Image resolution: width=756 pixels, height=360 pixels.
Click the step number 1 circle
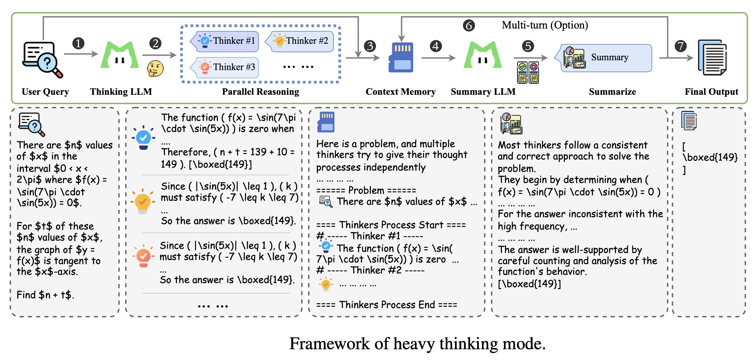point(78,43)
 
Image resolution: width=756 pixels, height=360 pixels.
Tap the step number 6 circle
point(469,25)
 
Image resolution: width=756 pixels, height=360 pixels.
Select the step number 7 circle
point(680,46)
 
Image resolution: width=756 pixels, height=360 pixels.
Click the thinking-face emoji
point(155,68)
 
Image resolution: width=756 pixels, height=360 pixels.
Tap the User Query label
point(45,92)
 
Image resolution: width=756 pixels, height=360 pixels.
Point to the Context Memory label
point(400,92)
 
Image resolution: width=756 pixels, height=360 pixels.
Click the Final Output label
point(711,92)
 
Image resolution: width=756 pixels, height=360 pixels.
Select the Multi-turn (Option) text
point(545,25)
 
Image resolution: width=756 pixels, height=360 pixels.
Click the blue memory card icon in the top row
point(401,57)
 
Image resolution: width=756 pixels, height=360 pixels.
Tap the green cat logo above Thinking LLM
point(120,55)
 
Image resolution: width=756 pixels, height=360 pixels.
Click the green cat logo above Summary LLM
point(483,55)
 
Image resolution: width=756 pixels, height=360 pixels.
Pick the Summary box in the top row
point(606,58)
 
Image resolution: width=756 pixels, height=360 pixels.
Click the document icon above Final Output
point(712,57)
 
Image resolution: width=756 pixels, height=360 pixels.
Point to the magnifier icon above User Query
point(42,60)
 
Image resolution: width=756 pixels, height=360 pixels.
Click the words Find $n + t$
point(45,295)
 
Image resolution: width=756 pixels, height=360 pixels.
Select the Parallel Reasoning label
point(260,92)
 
